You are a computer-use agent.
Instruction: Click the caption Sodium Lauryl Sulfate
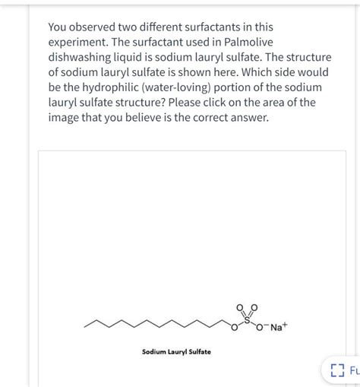click(x=176, y=352)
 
